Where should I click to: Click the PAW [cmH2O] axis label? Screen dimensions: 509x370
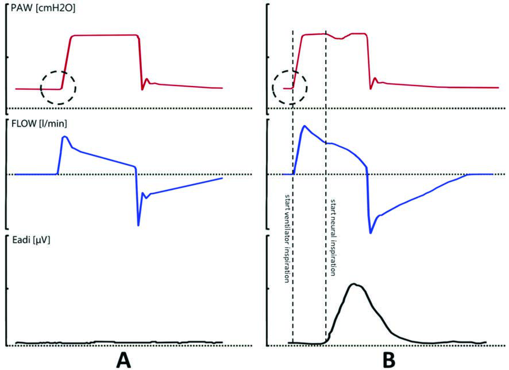(x=43, y=9)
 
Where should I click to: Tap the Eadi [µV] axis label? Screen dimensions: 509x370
(x=30, y=240)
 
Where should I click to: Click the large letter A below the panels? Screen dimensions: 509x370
(x=124, y=360)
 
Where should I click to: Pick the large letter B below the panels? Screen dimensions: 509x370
(x=389, y=360)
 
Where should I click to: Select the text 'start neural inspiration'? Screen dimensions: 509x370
(x=333, y=238)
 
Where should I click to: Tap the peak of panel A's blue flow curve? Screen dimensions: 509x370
(x=65, y=137)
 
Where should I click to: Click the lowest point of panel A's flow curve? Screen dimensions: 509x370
(x=138, y=225)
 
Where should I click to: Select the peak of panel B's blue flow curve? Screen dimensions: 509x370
(x=304, y=126)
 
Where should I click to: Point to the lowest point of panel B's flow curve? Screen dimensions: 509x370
(x=371, y=232)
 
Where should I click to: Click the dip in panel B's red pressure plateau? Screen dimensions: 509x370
(x=340, y=38)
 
